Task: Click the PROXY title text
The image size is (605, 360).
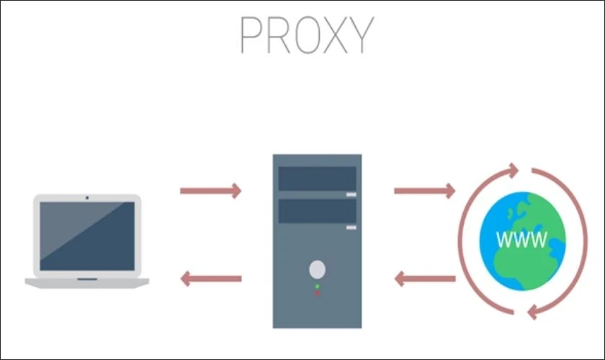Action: tap(307, 35)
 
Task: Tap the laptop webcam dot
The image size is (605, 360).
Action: tap(87, 197)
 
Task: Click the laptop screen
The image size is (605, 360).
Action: tap(87, 235)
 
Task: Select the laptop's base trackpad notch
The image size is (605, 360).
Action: tap(87, 279)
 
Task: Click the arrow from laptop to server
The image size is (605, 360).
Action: tap(210, 191)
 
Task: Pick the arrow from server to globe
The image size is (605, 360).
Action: tap(424, 191)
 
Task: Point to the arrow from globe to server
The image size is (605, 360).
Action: tap(424, 279)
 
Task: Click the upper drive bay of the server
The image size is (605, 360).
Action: tap(317, 179)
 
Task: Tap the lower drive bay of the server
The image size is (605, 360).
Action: tap(317, 211)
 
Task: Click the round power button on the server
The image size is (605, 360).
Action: tap(317, 269)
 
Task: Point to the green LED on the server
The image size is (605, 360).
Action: tap(317, 287)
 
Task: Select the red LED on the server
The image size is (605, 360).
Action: tap(317, 293)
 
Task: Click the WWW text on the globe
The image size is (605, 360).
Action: tap(521, 239)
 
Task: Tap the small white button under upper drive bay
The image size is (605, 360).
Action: tap(351, 194)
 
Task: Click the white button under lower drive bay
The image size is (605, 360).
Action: tap(351, 228)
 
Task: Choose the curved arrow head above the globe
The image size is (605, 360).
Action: tap(514, 170)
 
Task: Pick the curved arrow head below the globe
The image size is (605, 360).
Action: tap(533, 312)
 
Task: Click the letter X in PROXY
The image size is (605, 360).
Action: tap(336, 35)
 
